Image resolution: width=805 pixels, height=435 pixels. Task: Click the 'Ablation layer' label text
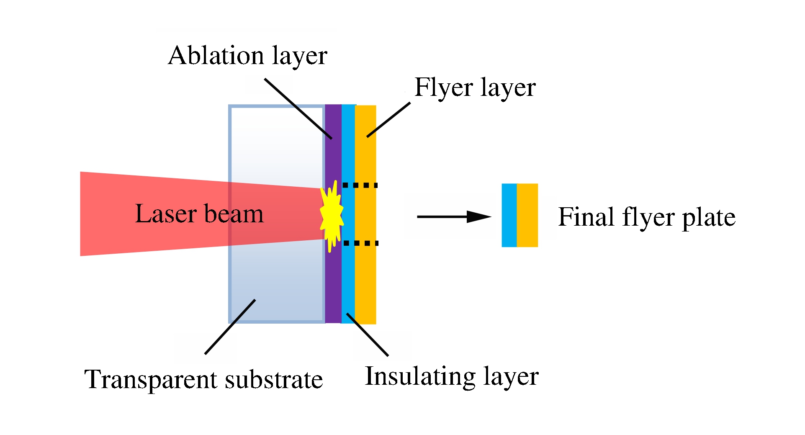(x=247, y=56)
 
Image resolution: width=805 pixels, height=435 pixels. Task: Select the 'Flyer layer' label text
(x=475, y=88)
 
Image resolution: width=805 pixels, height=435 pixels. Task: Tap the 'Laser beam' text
(x=199, y=214)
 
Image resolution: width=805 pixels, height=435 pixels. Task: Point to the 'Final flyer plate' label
(x=647, y=217)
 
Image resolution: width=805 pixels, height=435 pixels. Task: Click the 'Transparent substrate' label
(x=203, y=379)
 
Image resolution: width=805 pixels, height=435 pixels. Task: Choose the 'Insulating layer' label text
(x=452, y=376)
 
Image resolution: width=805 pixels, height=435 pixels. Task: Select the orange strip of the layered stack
(x=366, y=285)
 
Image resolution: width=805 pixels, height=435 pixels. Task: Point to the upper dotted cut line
(x=360, y=185)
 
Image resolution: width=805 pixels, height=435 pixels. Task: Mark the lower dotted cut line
(x=360, y=243)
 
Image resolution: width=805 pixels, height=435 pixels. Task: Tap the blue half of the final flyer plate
(x=509, y=215)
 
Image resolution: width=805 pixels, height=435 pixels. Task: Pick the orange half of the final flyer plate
(x=527, y=215)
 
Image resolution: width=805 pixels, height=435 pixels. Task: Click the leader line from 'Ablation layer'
(x=298, y=108)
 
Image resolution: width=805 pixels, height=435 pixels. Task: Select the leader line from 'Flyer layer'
(x=388, y=120)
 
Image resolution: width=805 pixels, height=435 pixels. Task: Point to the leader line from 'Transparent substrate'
(x=230, y=327)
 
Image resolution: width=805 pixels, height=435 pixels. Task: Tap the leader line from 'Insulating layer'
(x=367, y=335)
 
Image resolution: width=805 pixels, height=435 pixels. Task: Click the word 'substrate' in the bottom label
(x=274, y=379)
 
